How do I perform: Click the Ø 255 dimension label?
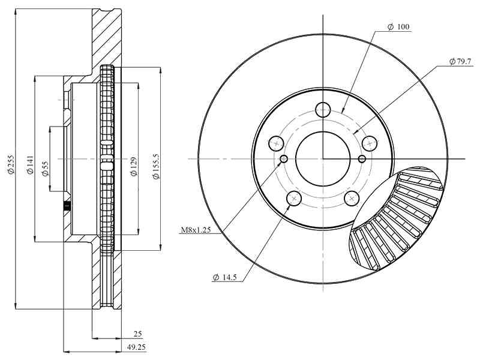[x=11, y=168]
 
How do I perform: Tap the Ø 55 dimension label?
[x=46, y=169]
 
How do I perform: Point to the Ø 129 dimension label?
[x=134, y=167]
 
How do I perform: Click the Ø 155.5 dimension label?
[x=156, y=167]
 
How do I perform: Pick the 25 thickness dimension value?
[x=138, y=334]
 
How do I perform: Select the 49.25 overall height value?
[x=136, y=347]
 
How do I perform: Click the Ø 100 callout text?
[x=398, y=27]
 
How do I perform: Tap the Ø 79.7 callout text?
[x=460, y=62]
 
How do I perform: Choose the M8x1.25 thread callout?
[x=196, y=230]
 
